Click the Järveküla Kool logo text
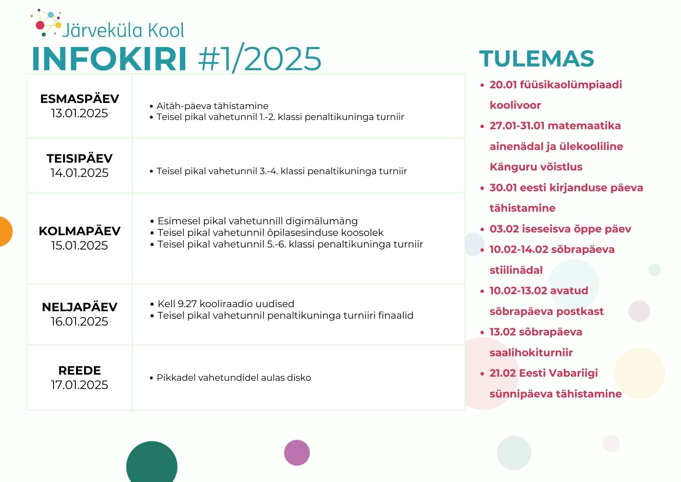point(123,30)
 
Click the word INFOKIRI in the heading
point(109,58)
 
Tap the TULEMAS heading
point(537,59)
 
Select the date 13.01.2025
point(79,113)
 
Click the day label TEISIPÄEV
point(80,158)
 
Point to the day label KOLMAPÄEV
point(80,231)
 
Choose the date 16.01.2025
point(79,321)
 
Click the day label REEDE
point(80,370)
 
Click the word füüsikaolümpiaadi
point(571,85)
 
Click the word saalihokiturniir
point(531,352)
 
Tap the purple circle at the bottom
point(297,453)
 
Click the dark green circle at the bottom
point(152,464)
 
